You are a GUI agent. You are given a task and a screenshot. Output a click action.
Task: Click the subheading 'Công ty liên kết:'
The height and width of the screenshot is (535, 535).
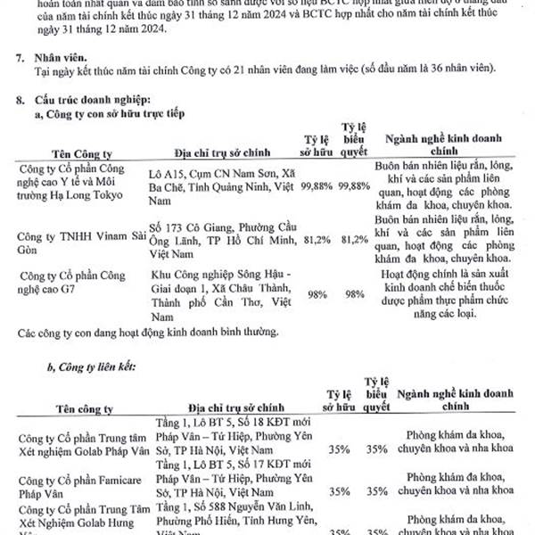click(x=103, y=366)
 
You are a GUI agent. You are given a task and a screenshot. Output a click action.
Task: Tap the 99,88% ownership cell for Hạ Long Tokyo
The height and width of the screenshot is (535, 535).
click(x=317, y=185)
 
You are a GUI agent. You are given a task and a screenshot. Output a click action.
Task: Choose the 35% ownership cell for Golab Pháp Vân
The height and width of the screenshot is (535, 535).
click(x=338, y=449)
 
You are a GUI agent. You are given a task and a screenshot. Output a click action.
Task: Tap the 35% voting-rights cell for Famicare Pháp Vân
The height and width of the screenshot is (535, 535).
click(x=376, y=491)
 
